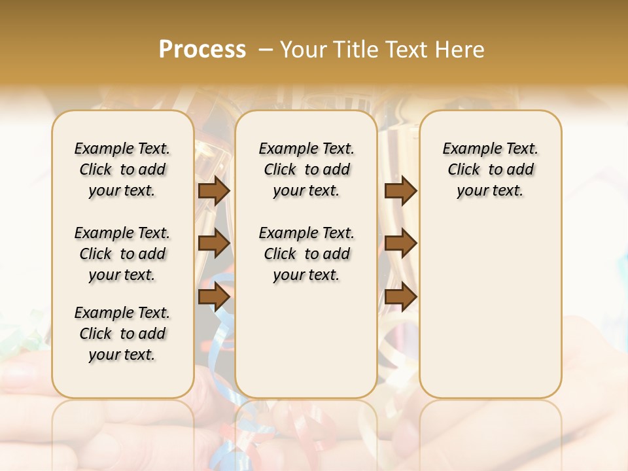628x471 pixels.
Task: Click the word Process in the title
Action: (202, 49)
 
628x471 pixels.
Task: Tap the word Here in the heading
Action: (461, 49)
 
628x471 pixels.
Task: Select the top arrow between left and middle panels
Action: (214, 190)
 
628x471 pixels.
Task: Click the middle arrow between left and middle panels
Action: (214, 243)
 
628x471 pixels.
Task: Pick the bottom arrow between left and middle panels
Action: (214, 296)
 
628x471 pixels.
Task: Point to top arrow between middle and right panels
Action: (400, 190)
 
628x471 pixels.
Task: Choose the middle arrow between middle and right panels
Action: (400, 243)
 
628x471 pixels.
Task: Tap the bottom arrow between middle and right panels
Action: (400, 296)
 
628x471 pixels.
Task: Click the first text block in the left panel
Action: (122, 169)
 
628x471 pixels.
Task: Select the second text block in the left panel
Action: (122, 254)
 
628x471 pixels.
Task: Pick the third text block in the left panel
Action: (122, 334)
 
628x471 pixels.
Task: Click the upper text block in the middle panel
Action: (306, 169)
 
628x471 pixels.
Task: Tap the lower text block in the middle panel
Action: (306, 254)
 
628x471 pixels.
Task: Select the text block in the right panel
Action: (490, 169)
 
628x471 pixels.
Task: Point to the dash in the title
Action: (266, 49)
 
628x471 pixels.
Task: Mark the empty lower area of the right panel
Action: (490, 307)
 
